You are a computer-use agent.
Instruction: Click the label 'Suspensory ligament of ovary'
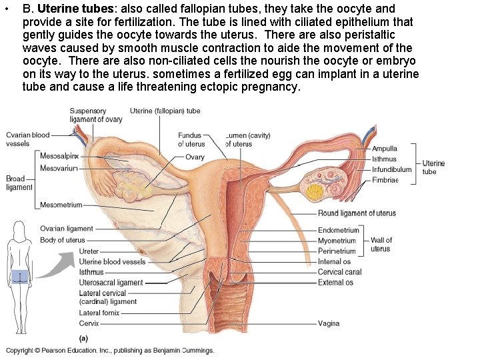click(95, 115)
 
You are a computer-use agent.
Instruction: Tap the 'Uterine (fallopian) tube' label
click(165, 111)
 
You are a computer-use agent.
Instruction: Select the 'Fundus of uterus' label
click(191, 140)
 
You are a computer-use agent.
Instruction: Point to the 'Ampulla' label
click(385, 149)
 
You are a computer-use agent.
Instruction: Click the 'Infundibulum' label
click(391, 169)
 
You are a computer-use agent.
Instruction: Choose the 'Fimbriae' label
click(385, 180)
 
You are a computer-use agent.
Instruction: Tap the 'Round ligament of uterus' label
click(357, 213)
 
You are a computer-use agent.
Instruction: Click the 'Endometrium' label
click(339, 231)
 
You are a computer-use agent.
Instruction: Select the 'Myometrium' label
click(337, 241)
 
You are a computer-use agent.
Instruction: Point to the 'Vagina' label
click(329, 323)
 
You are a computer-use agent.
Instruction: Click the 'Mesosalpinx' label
click(59, 155)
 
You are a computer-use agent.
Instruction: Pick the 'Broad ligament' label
click(19, 183)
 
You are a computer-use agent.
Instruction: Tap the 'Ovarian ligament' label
click(67, 229)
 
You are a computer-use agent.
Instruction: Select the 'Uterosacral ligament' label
click(111, 283)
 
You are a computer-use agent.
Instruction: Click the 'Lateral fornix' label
click(99, 313)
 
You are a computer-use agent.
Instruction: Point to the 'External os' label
click(335, 283)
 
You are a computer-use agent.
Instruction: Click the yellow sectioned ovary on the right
click(314, 184)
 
